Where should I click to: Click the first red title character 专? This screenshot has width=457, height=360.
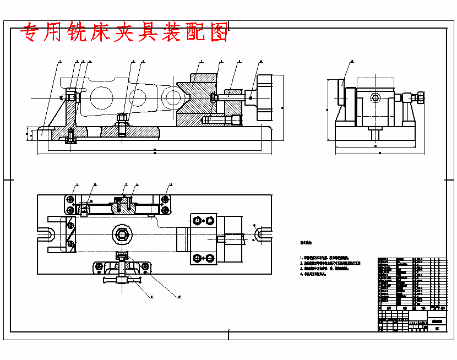[31, 34]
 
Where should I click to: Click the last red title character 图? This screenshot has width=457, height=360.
[219, 34]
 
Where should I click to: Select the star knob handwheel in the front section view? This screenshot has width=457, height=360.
[264, 97]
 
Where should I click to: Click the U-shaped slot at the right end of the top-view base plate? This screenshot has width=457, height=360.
[263, 235]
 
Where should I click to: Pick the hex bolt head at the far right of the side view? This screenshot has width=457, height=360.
[420, 99]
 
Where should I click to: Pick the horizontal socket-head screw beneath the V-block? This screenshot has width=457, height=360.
[223, 119]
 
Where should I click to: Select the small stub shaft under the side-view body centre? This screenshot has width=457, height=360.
[375, 133]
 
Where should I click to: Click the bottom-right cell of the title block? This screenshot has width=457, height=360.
[437, 328]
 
